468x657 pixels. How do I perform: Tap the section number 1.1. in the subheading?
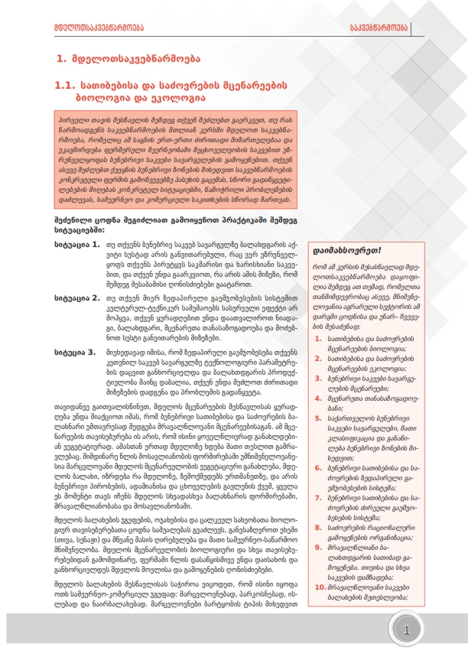click(68, 86)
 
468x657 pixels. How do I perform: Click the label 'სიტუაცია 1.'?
click(76, 246)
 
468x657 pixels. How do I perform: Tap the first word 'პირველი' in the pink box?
click(70, 121)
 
